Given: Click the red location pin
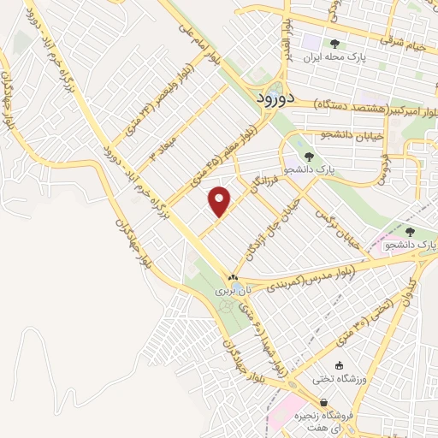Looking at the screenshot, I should [221, 201].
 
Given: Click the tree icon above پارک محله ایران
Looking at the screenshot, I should [334, 44].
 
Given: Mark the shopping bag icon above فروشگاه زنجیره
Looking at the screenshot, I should [324, 401].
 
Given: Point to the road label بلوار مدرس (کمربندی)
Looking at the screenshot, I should [330, 272].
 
